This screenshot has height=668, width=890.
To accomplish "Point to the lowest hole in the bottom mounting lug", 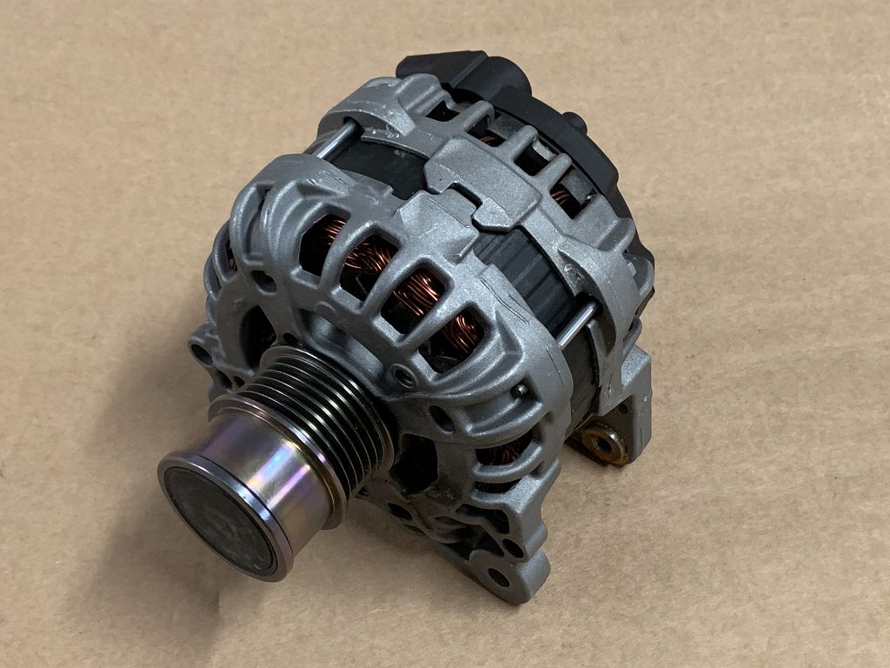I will tap(499, 576).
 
